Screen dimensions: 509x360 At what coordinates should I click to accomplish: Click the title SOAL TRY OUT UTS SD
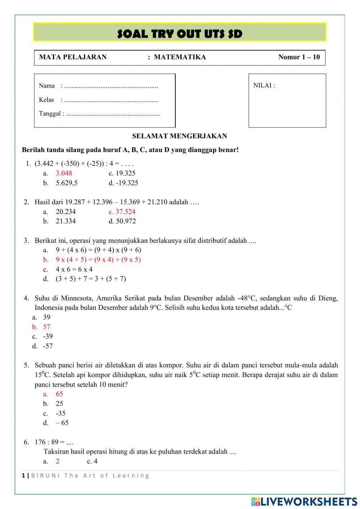pyautogui.click(x=180, y=34)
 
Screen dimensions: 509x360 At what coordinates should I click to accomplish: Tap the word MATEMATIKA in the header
pyautogui.click(x=180, y=57)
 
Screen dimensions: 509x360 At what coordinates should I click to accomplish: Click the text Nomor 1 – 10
pyautogui.click(x=299, y=57)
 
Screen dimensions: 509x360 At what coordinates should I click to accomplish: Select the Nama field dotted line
pyautogui.click(x=111, y=86)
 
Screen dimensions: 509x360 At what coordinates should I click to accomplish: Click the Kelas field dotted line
pyautogui.click(x=111, y=100)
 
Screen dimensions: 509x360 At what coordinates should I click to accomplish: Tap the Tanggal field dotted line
pyautogui.click(x=113, y=114)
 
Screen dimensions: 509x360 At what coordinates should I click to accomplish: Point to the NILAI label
pyautogui.click(x=264, y=85)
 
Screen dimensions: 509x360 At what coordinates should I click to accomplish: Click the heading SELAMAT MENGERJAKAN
pyautogui.click(x=179, y=136)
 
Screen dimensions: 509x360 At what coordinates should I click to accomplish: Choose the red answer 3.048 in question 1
pyautogui.click(x=64, y=173)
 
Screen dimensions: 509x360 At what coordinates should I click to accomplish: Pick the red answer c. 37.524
pyautogui.click(x=122, y=212)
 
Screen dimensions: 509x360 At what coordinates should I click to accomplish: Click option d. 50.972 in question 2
pyautogui.click(x=122, y=221)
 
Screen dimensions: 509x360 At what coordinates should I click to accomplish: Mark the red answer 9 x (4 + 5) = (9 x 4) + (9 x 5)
pyautogui.click(x=98, y=260)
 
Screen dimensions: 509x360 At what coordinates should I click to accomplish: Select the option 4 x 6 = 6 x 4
pyautogui.click(x=74, y=269)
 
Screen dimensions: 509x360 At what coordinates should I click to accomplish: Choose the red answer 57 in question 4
pyautogui.click(x=47, y=327)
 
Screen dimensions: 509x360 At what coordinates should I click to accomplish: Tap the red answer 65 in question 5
pyautogui.click(x=59, y=394)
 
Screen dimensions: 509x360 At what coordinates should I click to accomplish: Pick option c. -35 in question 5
pyautogui.click(x=60, y=414)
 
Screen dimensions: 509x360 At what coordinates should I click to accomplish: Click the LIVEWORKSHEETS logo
pyautogui.click(x=304, y=501)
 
